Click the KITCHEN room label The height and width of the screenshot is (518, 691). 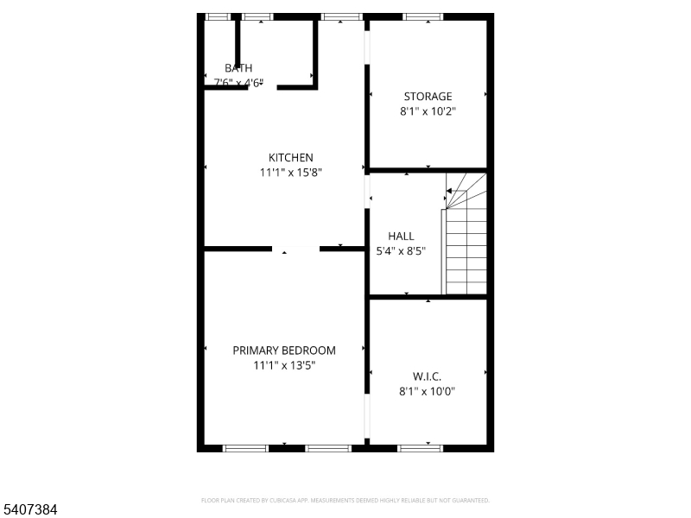[x=290, y=157]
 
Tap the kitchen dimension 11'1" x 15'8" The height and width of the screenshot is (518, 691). [x=290, y=173]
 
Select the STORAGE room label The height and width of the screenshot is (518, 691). [x=428, y=97]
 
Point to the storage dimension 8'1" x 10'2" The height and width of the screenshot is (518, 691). [x=428, y=111]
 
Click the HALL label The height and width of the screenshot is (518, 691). [x=401, y=236]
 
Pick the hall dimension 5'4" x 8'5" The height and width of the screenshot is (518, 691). [x=401, y=251]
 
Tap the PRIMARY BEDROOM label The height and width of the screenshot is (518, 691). [x=284, y=351]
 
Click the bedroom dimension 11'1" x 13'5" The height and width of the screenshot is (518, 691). [x=284, y=365]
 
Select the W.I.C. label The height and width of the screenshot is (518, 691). [x=427, y=376]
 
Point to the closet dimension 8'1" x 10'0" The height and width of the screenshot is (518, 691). [x=427, y=391]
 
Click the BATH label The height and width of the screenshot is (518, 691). [x=238, y=68]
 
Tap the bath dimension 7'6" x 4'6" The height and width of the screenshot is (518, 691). [x=238, y=83]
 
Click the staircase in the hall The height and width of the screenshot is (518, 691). [x=466, y=246]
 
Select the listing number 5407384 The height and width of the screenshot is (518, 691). [x=30, y=510]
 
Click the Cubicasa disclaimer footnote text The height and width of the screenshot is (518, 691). [x=345, y=500]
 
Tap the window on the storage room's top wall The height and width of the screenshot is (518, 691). [x=422, y=16]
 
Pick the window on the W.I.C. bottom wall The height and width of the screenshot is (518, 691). [x=421, y=448]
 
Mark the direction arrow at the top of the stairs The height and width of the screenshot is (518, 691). [x=448, y=191]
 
